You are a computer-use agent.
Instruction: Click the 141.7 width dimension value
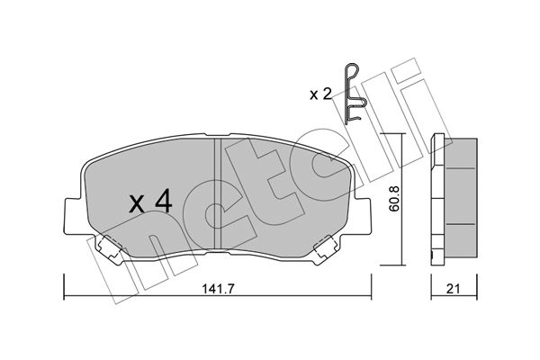(218, 289)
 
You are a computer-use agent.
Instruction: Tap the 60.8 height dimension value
(395, 199)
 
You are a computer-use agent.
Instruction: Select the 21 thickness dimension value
(454, 289)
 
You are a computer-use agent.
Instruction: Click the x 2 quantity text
(320, 94)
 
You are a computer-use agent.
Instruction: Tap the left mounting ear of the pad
(73, 216)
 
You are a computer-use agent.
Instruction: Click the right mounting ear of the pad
(363, 216)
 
